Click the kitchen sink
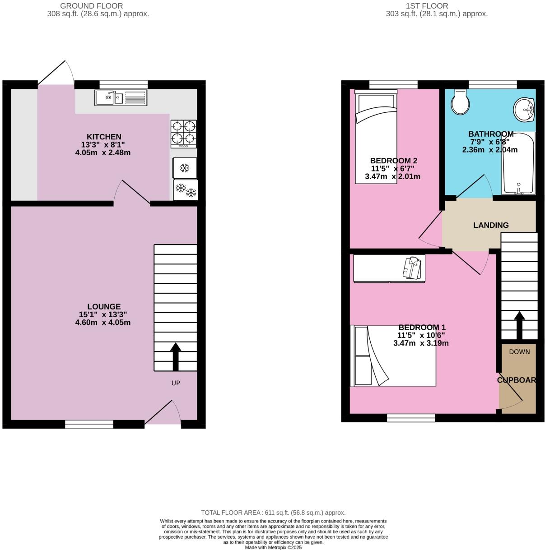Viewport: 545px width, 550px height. click(121, 97)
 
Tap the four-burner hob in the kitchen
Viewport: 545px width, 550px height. click(183, 134)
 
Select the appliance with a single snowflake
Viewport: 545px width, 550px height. click(185, 168)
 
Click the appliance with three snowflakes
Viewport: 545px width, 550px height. click(186, 190)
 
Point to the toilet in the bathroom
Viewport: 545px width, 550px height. click(460, 102)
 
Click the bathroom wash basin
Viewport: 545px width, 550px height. click(525, 109)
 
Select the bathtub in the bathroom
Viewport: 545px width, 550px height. click(518, 163)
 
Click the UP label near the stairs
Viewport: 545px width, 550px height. click(176, 383)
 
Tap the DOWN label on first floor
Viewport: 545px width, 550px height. click(519, 351)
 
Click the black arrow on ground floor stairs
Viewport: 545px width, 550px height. click(176, 356)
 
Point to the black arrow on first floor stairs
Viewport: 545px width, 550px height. click(519, 325)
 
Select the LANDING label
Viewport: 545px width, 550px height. click(491, 225)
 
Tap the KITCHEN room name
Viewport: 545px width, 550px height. click(104, 137)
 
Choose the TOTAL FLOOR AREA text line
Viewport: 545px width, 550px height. click(273, 513)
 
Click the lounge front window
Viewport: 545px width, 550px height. click(89, 424)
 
